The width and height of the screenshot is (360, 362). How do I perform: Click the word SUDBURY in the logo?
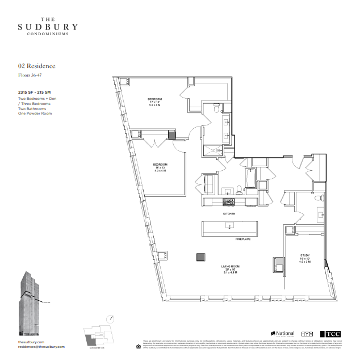48,27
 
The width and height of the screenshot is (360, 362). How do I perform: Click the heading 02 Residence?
37,66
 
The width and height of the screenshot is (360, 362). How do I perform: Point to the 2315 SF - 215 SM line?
34,92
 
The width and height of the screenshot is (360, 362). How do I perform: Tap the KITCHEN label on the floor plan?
229,213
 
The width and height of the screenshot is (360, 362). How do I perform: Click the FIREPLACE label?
243,239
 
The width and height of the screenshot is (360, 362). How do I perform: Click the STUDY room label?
304,256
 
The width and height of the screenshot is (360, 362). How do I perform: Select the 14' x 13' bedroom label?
160,167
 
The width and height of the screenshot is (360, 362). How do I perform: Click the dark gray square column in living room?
200,257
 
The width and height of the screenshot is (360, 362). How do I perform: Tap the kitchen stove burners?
229,201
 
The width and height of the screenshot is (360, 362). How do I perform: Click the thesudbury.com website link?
31,343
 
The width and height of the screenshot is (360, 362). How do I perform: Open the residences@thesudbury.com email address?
41,347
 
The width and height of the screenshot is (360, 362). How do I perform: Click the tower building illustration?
28,304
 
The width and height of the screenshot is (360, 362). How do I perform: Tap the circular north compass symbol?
112,319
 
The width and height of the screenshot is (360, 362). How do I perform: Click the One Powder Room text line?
35,113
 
